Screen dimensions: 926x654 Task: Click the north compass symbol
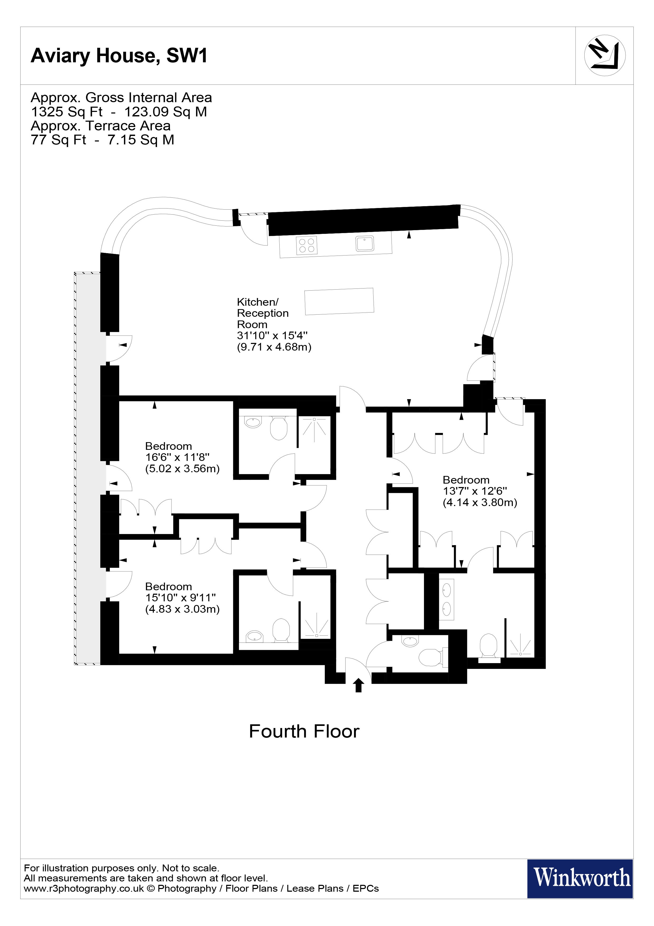(604, 56)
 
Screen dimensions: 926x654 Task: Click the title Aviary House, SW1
(119, 56)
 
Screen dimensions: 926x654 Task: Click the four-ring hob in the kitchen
(307, 245)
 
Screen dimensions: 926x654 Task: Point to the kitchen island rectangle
(339, 301)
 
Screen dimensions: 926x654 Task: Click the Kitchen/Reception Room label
(263, 313)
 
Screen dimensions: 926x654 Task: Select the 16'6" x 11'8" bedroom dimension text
(177, 457)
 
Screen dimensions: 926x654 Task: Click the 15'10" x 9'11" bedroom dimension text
(180, 598)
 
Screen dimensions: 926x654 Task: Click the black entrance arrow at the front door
(358, 685)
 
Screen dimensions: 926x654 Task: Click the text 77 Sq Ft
(58, 140)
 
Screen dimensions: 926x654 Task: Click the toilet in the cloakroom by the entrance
(430, 657)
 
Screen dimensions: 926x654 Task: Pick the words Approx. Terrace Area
(101, 126)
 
